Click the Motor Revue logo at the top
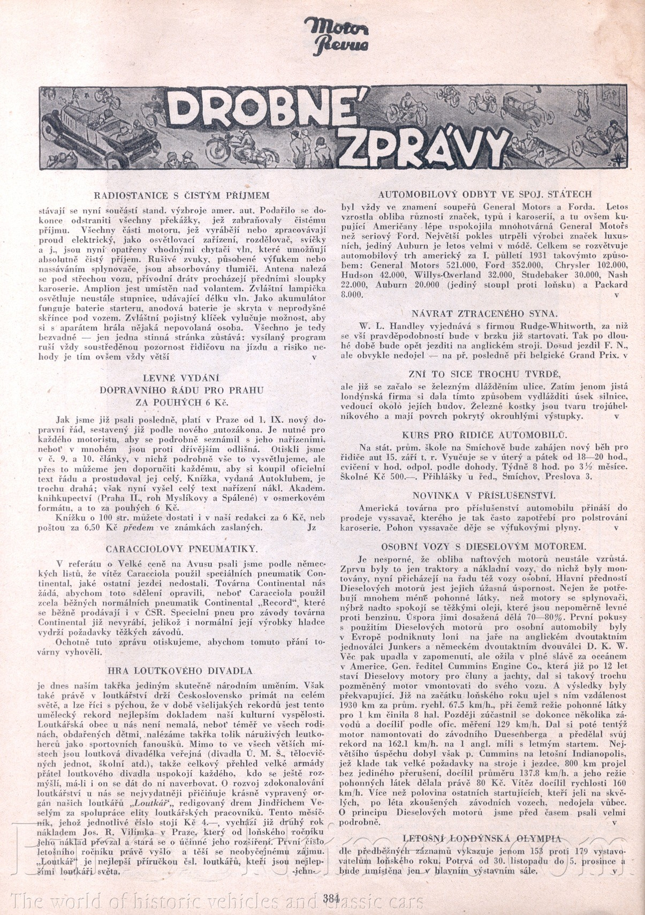click(336, 35)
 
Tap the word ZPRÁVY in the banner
click(423, 144)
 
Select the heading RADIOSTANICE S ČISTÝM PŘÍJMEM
click(181, 196)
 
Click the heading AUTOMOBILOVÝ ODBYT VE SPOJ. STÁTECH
click(485, 194)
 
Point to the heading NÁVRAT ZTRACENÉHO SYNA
click(484, 314)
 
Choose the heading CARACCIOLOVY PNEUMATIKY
click(181, 549)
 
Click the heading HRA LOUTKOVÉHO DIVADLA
click(180, 671)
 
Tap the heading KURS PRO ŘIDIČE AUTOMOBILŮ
click(484, 435)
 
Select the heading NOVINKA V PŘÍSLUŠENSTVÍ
click(484, 496)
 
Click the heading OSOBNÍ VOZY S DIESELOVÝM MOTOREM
click(484, 547)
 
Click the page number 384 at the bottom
click(332, 898)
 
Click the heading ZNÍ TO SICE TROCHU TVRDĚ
click(484, 374)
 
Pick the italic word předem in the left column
click(139, 527)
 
